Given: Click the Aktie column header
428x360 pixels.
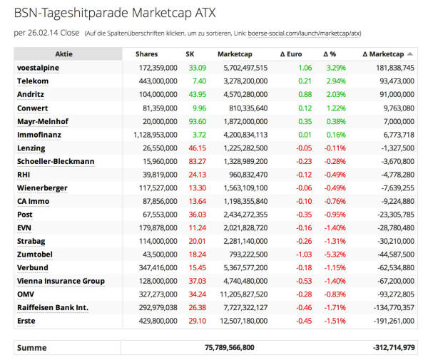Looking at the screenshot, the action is [x=64, y=54].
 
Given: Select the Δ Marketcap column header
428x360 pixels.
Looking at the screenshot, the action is [x=383, y=54].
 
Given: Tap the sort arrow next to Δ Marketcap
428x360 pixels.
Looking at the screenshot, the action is [x=409, y=54].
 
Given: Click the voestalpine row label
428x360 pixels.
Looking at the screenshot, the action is [x=38, y=68].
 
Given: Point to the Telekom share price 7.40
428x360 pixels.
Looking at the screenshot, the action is [x=199, y=81].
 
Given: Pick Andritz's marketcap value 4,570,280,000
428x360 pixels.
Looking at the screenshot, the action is [x=245, y=94].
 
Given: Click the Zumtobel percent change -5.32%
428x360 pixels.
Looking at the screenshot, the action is [x=335, y=254].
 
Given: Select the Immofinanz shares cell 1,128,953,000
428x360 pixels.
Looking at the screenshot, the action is [x=156, y=135].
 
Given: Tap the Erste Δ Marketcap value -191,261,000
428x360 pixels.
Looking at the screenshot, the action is [x=394, y=321].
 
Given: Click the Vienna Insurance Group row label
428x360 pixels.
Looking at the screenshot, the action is [x=61, y=281].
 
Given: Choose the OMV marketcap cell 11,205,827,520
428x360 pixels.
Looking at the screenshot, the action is [x=244, y=294].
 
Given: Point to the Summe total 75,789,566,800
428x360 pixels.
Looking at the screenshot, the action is [x=229, y=347].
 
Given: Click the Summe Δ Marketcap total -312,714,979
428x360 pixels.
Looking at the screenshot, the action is [x=394, y=347].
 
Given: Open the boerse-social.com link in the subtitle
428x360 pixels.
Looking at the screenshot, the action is [x=304, y=34].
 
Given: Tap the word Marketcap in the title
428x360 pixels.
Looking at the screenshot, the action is [x=162, y=13].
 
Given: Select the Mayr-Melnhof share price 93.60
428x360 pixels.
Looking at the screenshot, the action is [x=198, y=121].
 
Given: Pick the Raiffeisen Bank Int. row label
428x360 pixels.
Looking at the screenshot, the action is [x=53, y=308].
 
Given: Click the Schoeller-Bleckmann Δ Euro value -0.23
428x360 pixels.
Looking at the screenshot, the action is [x=304, y=161].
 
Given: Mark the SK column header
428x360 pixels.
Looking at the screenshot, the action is [x=190, y=54].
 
